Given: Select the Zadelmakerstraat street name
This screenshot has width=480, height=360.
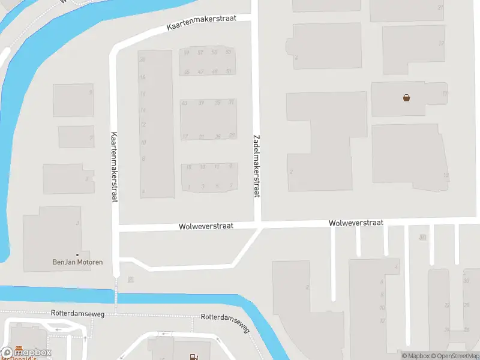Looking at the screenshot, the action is click(x=257, y=166).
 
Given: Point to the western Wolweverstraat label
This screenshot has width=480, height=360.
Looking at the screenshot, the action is click(x=206, y=226).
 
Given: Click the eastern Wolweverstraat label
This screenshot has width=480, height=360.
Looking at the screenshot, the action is click(x=356, y=223).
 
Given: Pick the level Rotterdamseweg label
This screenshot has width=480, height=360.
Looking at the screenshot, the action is click(x=78, y=313).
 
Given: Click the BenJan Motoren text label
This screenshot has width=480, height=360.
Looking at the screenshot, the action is click(x=78, y=263).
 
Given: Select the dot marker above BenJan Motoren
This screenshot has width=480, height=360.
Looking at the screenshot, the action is click(x=77, y=255).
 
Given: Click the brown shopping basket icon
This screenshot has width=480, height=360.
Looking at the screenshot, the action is click(x=406, y=98).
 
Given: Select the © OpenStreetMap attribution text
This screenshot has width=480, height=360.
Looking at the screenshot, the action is click(x=454, y=356).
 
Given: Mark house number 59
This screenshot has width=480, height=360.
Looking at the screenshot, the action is click(x=228, y=52).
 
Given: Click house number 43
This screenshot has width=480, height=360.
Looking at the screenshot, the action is click(x=185, y=103).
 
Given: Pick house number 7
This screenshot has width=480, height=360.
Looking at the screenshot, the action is click(x=231, y=187).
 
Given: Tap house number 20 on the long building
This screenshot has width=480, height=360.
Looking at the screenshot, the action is click(x=142, y=59).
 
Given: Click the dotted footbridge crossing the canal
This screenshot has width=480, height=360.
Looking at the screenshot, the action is click(x=116, y=294).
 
